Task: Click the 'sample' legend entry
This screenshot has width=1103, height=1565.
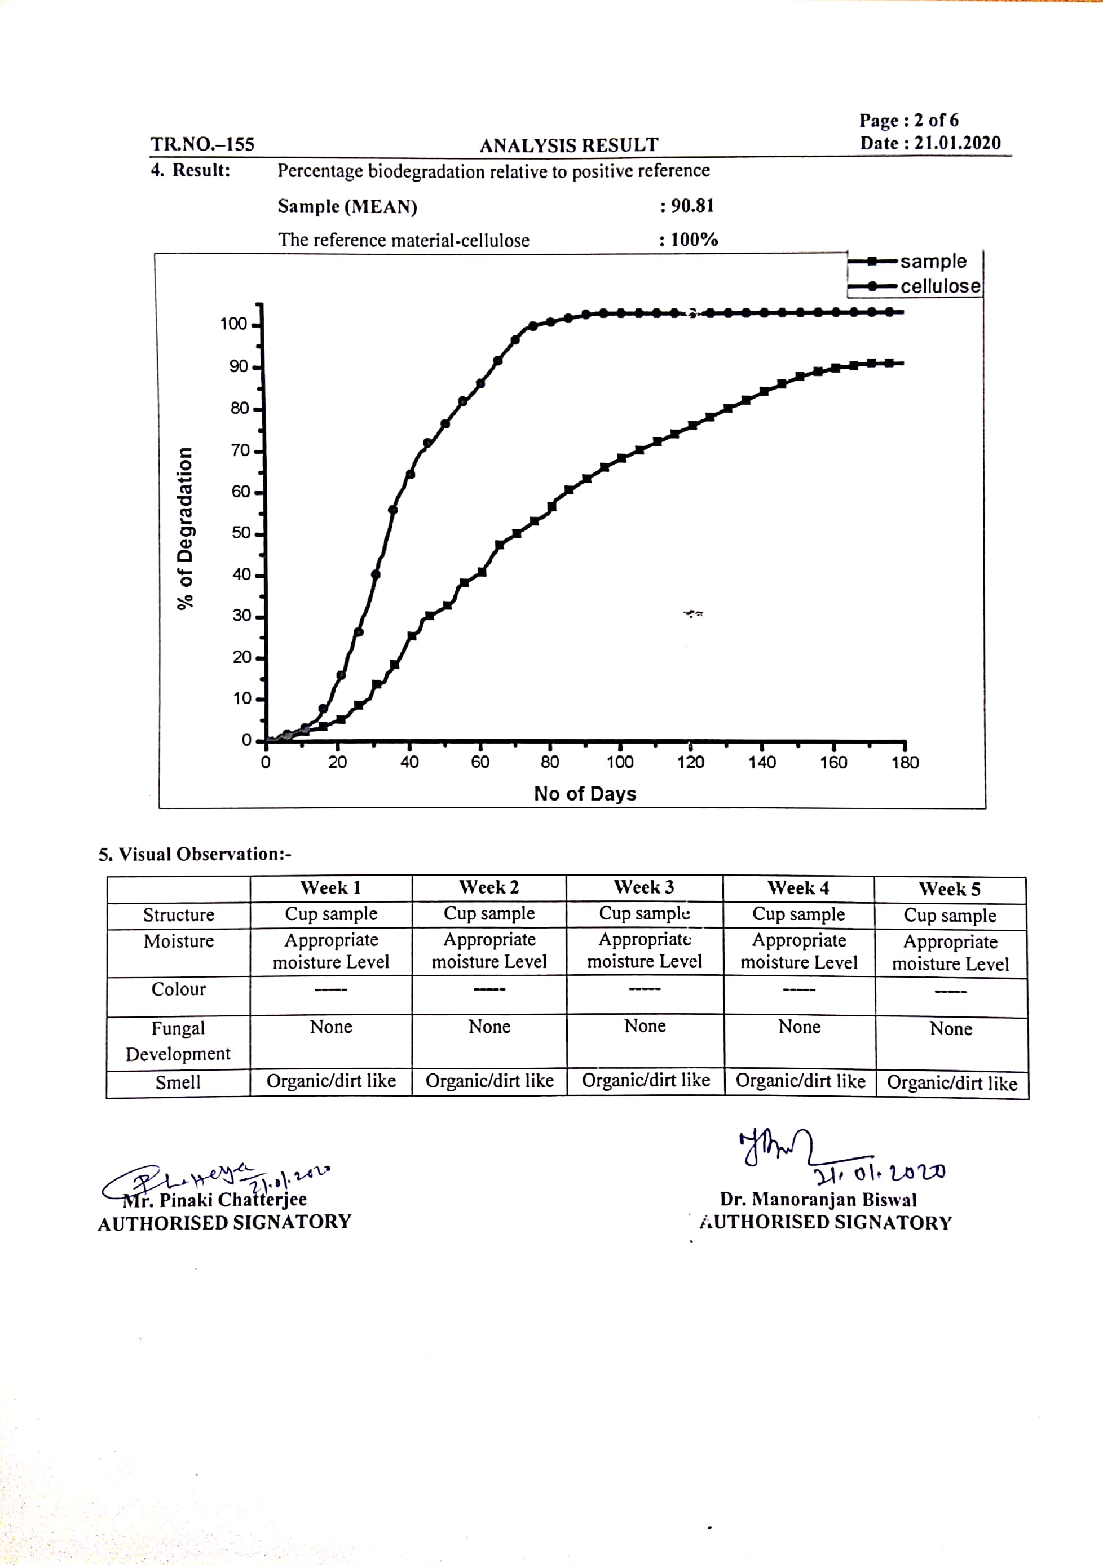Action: (932, 262)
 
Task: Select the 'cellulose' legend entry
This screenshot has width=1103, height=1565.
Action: (939, 286)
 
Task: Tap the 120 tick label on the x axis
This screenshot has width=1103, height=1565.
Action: (690, 762)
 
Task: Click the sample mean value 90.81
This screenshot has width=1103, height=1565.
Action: (692, 206)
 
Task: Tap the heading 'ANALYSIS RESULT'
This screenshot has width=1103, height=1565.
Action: (568, 145)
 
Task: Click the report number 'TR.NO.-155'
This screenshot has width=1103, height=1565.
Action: (202, 144)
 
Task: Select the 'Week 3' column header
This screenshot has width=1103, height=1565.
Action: (643, 887)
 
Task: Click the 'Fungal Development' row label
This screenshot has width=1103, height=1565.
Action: (178, 1041)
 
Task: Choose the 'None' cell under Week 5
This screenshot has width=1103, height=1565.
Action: (950, 1028)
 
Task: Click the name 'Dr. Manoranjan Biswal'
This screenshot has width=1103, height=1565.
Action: (818, 1200)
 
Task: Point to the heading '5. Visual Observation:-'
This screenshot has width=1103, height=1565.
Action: (195, 854)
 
